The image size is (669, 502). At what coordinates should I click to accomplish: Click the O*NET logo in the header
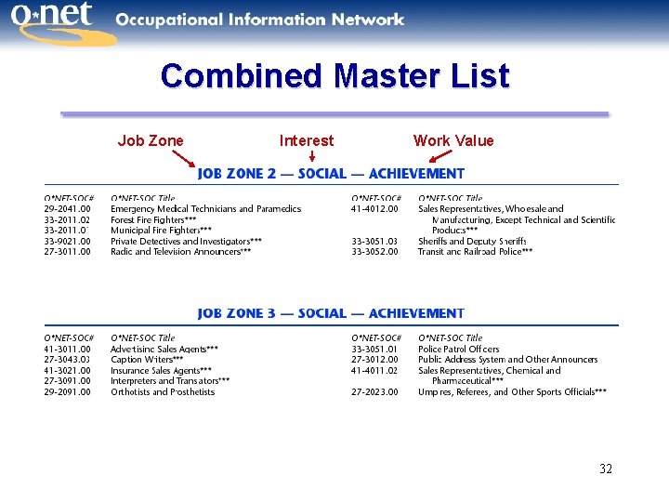pos(58,24)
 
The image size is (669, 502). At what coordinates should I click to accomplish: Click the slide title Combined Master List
pos(334,75)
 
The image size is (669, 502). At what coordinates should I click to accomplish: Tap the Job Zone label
pos(151,140)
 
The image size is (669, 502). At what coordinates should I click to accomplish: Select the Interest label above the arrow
pos(307,140)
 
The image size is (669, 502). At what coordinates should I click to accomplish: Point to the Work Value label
pos(453,140)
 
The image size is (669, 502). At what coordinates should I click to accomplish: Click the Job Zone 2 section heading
pos(331,174)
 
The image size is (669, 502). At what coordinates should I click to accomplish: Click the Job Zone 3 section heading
pos(331,314)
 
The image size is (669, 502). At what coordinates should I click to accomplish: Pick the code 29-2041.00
pos(68,209)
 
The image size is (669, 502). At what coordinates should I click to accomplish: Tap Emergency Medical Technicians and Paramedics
pos(205,209)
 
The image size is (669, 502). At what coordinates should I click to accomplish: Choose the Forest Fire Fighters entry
pos(153,219)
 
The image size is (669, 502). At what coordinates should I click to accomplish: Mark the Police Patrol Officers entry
pos(458,350)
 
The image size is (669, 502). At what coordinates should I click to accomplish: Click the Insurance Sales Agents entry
pos(161,371)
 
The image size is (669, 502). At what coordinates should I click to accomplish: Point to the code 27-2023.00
pos(374,392)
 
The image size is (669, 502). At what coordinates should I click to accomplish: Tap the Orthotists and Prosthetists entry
pos(163,392)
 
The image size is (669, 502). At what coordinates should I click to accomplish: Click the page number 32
pos(606,469)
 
